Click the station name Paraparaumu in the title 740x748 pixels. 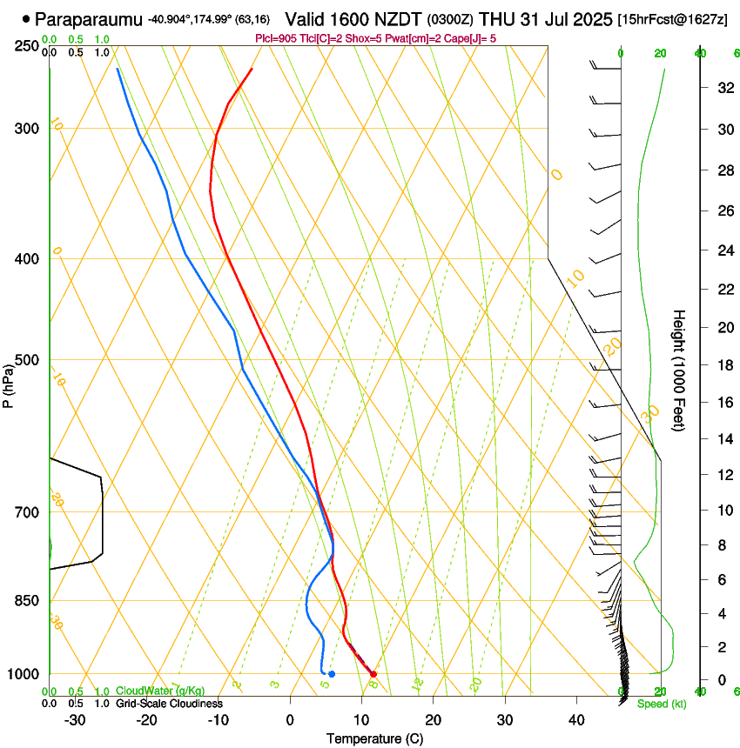point(90,18)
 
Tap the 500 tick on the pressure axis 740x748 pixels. point(26,360)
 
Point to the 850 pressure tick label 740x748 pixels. point(26,600)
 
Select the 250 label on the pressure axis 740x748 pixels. point(26,45)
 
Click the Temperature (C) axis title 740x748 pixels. point(374,738)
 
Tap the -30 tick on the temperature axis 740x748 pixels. point(75,720)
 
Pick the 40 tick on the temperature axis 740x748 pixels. point(576,720)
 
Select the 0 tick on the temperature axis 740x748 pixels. point(290,720)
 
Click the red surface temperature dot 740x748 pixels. point(373,674)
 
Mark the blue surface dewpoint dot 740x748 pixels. point(332,674)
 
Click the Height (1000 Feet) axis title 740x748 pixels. point(679,370)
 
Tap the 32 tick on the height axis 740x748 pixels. point(723,88)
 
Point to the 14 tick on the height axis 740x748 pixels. point(723,440)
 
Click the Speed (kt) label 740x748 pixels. point(662,704)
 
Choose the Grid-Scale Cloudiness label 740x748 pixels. point(169,704)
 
